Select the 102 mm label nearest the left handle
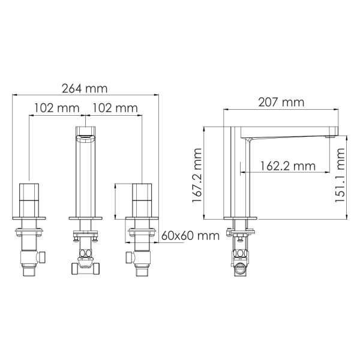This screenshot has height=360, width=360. (57, 109)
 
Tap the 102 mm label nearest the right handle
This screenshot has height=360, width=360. (115, 109)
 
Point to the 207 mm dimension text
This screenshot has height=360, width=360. (281, 103)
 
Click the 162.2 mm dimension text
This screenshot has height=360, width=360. (288, 165)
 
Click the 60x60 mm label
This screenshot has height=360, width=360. (190, 235)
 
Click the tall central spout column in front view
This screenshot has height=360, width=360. (86, 174)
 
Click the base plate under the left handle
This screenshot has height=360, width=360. (29, 215)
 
